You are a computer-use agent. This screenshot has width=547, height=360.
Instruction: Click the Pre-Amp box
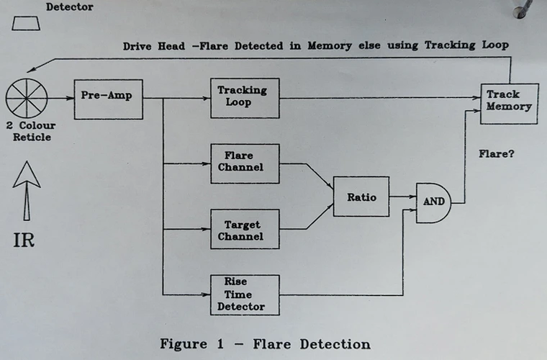coord(108,99)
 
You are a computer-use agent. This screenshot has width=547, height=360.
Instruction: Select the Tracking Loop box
coord(244,98)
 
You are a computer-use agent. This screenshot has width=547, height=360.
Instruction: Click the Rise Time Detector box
coord(244,294)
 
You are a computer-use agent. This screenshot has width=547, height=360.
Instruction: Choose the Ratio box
coord(361,196)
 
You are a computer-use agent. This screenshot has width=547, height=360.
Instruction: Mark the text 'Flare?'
coord(497,153)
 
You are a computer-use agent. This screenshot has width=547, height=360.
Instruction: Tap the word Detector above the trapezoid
coord(69,7)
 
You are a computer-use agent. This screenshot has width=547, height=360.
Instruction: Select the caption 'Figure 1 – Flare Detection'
coord(264,343)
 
